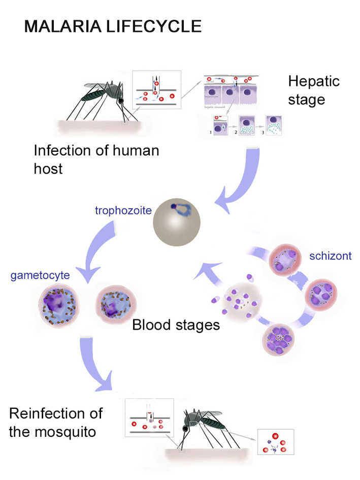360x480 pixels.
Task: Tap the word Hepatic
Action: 313,81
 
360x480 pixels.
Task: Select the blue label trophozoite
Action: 123,210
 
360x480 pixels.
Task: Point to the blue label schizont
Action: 330,255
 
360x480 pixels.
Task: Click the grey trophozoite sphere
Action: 177,222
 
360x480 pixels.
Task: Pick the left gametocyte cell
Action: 60,307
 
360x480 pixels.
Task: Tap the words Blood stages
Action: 176,325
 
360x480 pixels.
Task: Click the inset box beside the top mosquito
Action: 156,90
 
